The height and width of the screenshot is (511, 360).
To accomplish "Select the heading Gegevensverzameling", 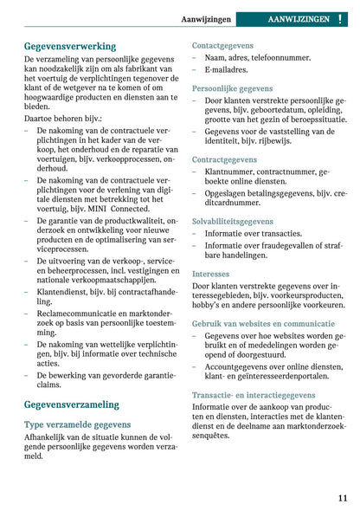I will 72,404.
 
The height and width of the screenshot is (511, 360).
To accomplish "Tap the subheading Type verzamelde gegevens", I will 77,424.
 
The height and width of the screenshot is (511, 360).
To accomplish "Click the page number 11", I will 343,497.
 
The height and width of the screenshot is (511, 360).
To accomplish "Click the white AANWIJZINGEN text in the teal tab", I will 298,17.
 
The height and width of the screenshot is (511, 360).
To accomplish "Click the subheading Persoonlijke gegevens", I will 232,88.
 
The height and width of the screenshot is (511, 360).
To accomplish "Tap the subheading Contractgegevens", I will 223,160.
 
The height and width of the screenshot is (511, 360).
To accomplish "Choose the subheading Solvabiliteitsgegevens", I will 233,222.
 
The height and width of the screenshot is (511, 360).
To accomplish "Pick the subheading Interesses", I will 210,273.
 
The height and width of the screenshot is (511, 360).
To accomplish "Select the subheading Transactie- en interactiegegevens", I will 254,395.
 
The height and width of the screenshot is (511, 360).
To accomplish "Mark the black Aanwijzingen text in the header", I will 207,17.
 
